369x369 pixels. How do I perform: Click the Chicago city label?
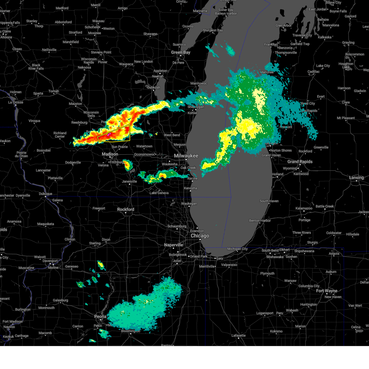pos(200,236)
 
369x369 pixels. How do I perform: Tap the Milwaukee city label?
pos(186,156)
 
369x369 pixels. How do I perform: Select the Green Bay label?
pos(181,53)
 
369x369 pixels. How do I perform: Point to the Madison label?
pos(110,154)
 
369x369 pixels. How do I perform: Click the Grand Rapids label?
pos(300,162)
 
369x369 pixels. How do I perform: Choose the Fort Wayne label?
pos(327,291)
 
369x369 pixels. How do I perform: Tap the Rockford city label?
pos(125,209)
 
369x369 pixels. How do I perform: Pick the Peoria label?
pos(100,316)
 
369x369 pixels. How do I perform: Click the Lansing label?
pos(356,178)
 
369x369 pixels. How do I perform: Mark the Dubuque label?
pos(45,194)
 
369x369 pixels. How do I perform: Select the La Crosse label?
pos(16,102)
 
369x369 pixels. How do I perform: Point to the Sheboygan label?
pos(196,107)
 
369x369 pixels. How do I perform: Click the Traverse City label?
pos(302,35)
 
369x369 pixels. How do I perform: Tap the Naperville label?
pos(173,245)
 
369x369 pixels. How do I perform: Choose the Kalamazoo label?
pos(304,208)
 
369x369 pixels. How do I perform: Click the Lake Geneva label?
pos(159,193)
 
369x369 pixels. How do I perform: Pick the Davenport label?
pos(50,261)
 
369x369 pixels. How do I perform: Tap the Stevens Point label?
pos(101,53)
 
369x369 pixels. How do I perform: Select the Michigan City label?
pos(237,249)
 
